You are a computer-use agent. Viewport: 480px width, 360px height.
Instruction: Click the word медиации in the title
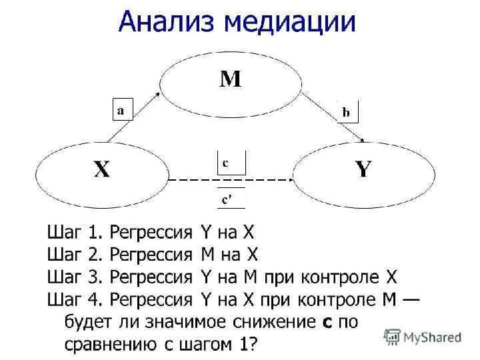point(291,22)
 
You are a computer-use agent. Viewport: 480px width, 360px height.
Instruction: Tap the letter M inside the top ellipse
point(231,81)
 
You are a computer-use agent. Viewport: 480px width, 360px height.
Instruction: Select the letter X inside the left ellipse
point(101,170)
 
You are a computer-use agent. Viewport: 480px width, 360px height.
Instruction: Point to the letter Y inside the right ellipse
point(363,170)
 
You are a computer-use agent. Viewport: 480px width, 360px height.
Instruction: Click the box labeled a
point(121,111)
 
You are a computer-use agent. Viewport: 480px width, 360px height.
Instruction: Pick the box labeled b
point(347,112)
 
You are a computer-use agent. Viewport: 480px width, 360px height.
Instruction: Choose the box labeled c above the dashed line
point(231,163)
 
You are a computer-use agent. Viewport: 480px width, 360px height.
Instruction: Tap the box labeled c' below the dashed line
point(231,199)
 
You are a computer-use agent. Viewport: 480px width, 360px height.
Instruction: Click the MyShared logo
point(423,337)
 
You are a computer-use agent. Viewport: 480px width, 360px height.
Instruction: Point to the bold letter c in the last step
point(327,323)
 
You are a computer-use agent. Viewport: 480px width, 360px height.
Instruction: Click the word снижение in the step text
point(273,322)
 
